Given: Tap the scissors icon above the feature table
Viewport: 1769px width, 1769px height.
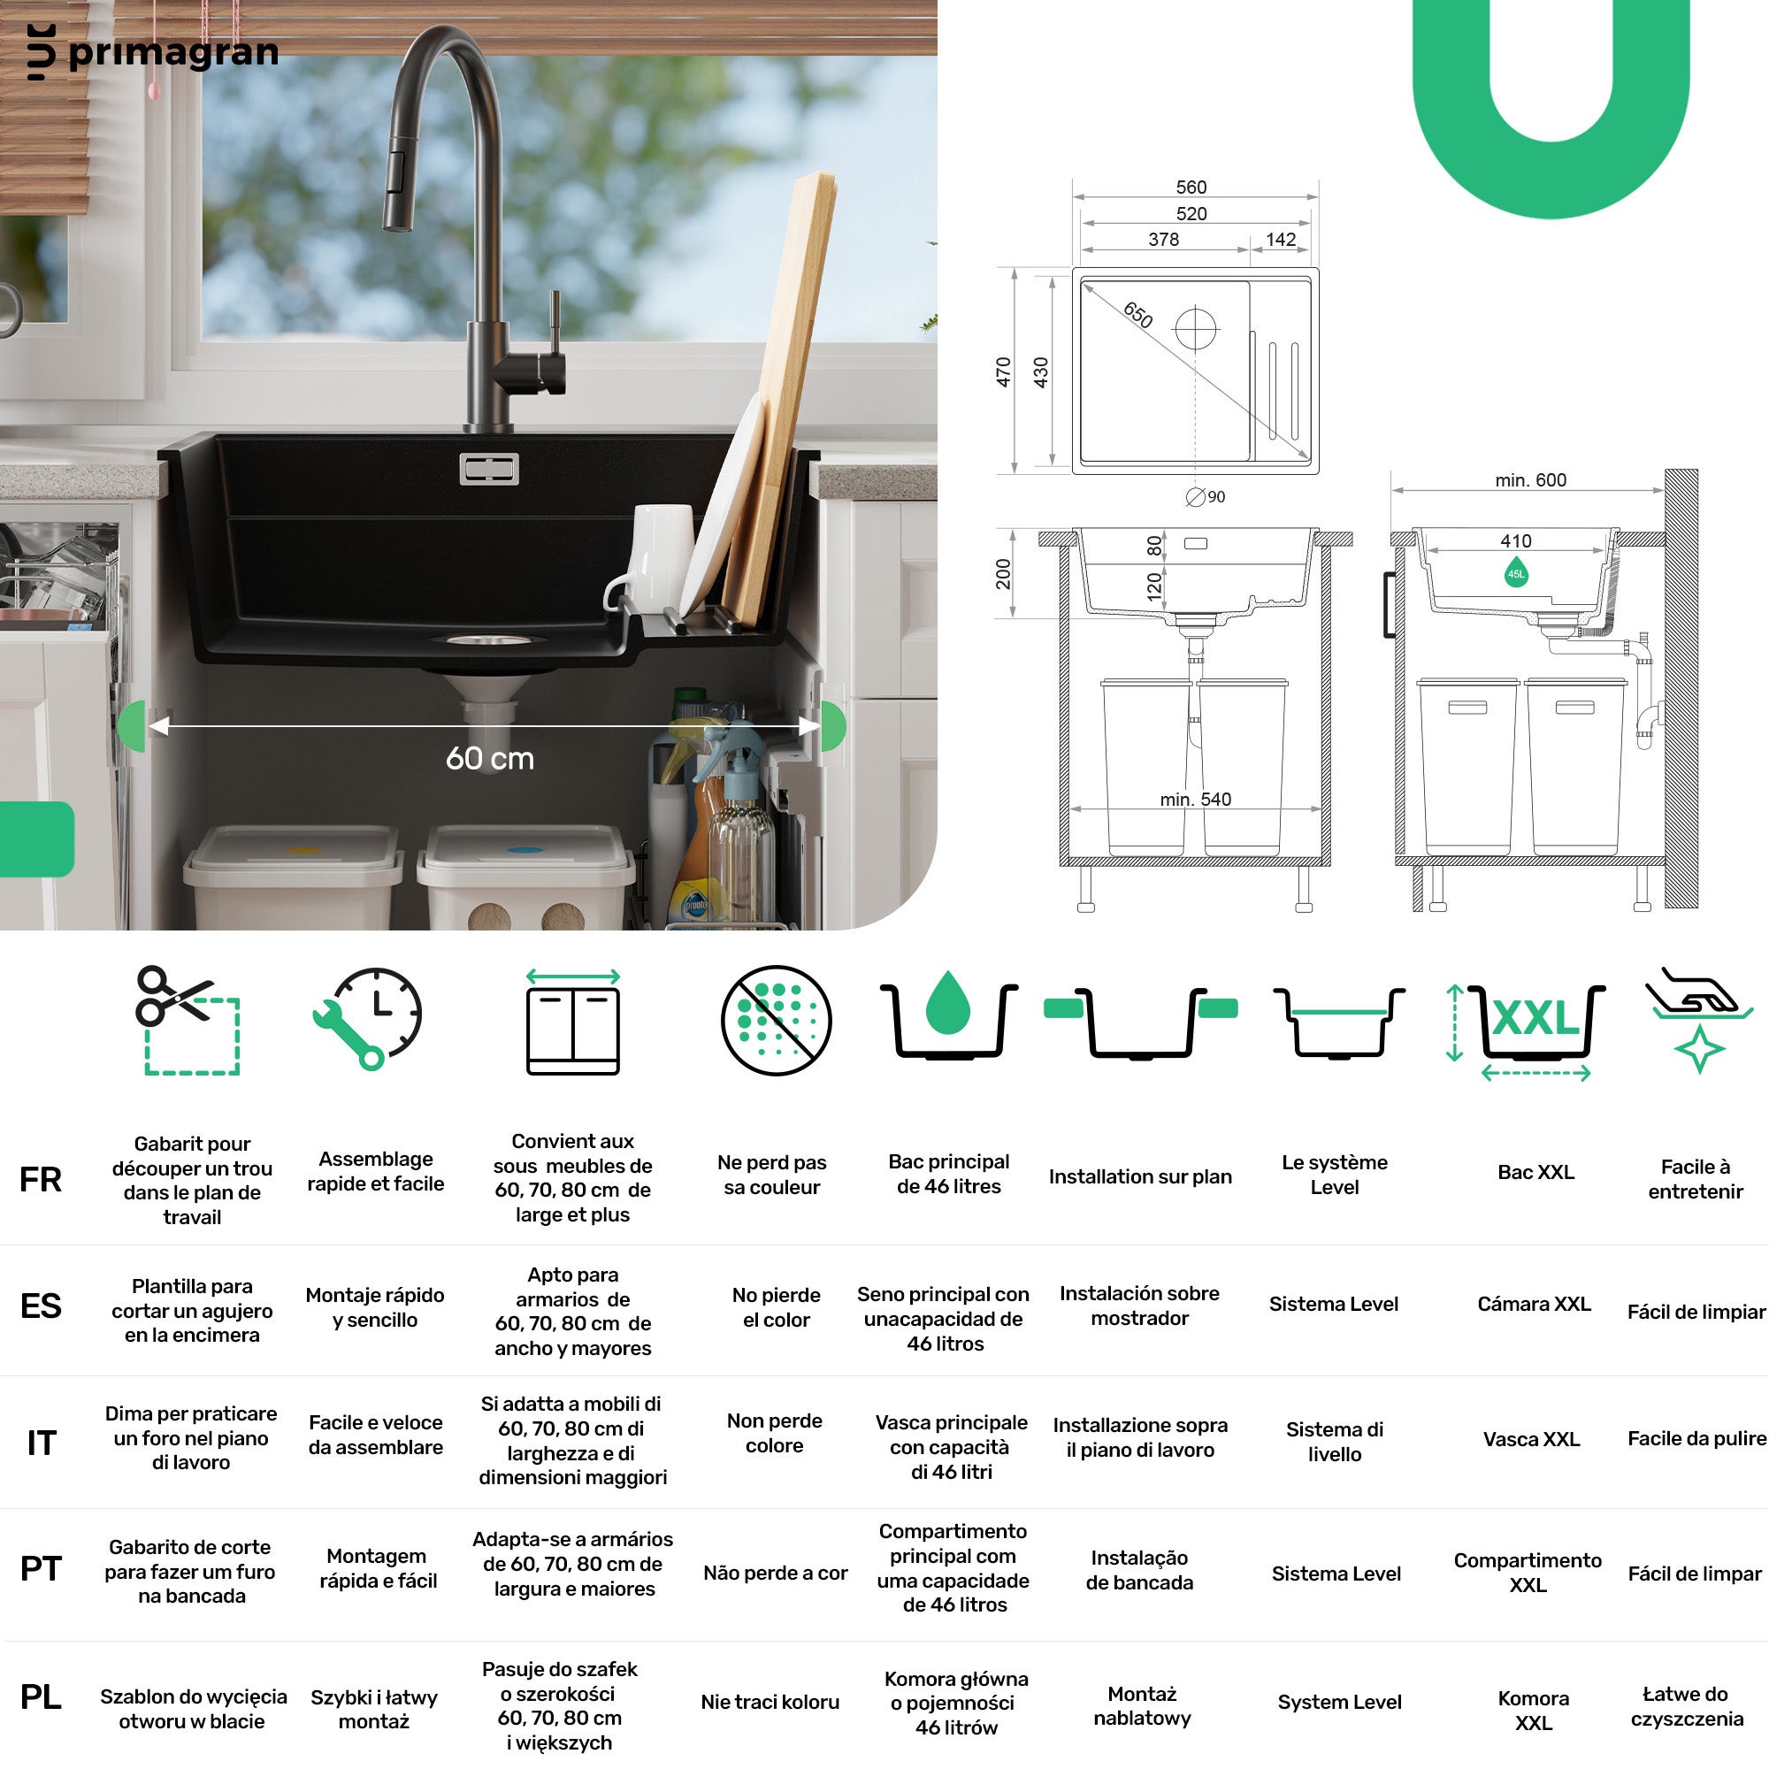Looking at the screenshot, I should [x=187, y=1019].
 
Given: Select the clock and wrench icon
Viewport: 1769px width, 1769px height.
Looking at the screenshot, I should [x=368, y=1017].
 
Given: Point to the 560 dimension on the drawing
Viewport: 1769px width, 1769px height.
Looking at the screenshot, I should [x=1191, y=187].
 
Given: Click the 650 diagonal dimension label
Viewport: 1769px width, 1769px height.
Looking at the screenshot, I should [x=1137, y=314].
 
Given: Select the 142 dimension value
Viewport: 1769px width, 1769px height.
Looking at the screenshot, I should [x=1280, y=239].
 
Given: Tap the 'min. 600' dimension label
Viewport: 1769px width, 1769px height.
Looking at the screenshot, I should [x=1530, y=479].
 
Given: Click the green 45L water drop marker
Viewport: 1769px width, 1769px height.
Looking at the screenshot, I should [x=1516, y=572].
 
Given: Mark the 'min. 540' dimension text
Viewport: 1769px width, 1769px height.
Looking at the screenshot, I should [x=1195, y=800].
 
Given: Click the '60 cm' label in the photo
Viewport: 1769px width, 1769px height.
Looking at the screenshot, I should [x=490, y=758].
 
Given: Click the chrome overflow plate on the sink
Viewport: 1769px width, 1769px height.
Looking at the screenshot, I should [x=489, y=469].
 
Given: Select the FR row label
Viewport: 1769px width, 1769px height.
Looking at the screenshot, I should [x=42, y=1179].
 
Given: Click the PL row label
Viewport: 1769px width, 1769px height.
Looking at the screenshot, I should [x=42, y=1696].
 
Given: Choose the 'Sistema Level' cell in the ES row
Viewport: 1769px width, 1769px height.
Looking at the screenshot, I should [x=1333, y=1304].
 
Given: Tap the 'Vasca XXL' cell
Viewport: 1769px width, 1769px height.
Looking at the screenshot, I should [x=1531, y=1439].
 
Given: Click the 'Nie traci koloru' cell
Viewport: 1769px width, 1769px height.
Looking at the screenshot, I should [x=770, y=1702].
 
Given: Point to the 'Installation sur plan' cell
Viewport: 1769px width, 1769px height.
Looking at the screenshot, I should [x=1140, y=1176].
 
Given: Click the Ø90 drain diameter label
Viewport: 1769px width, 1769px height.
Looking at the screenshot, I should [x=1206, y=496].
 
